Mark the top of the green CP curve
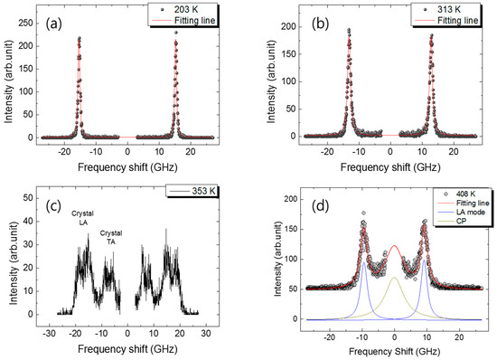coord(395,278)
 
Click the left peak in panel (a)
coord(80,38)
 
